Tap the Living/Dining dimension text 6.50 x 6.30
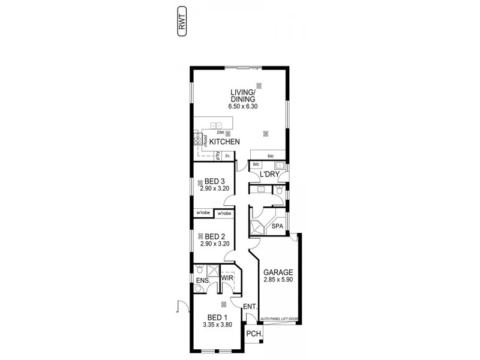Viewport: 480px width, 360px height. pos(242,106)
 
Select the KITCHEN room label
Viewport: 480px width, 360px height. pos(225,142)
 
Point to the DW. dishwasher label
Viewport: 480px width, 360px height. pos(220,133)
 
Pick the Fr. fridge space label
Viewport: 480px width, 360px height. pos(227,157)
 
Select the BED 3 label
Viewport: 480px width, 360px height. pos(215,181)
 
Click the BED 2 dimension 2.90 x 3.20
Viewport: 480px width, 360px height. pos(215,244)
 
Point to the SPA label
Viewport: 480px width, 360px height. pos(277,226)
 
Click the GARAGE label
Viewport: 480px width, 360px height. pos(277,271)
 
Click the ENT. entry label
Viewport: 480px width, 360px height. pos(250,307)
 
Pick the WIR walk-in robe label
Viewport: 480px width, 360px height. pos(227,278)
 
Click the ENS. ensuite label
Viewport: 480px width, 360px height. pos(202,280)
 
